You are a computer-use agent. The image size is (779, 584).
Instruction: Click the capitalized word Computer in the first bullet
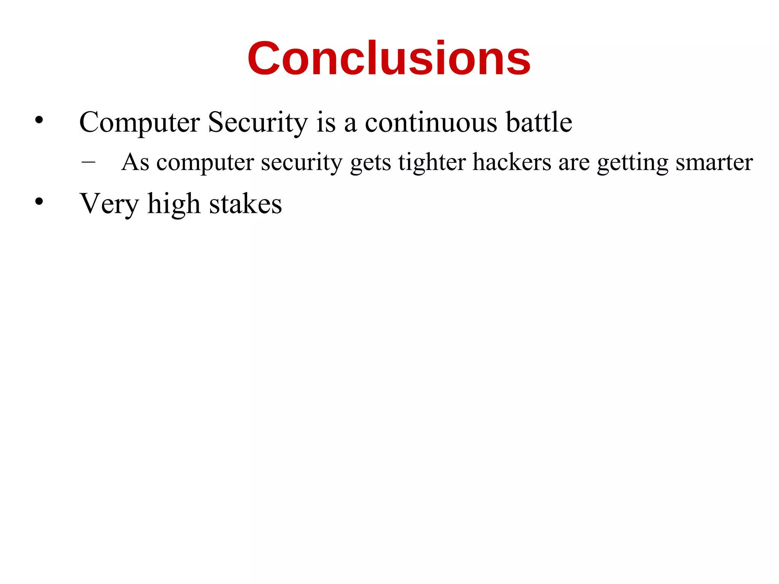tap(139, 122)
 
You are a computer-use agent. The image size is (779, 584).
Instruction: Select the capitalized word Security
tap(258, 122)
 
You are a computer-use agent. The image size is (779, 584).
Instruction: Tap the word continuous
tap(431, 122)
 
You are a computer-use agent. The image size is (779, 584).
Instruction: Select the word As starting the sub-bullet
tap(135, 162)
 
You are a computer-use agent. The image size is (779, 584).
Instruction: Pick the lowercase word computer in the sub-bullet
tap(205, 163)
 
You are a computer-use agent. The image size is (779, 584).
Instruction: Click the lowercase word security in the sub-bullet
tap(302, 163)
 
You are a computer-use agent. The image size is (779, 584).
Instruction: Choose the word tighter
tap(432, 163)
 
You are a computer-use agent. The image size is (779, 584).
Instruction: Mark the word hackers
tap(512, 162)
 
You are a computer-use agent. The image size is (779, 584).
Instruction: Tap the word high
tap(173, 205)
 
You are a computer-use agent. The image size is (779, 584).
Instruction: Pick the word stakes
tap(245, 204)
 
